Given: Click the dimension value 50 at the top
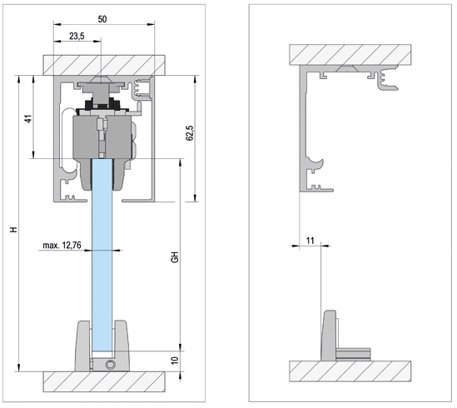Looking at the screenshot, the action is pyautogui.click(x=102, y=19).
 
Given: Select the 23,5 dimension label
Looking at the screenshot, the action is pyautogui.click(x=77, y=36).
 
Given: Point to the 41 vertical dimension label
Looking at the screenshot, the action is pyautogui.click(x=28, y=119).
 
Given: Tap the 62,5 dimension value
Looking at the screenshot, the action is pyautogui.click(x=190, y=133).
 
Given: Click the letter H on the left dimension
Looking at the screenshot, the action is pyautogui.click(x=13, y=230).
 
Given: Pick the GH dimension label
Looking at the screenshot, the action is pyautogui.click(x=175, y=257).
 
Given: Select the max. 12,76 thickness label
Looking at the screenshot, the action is pyautogui.click(x=62, y=246).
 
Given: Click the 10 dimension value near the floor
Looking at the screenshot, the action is pyautogui.click(x=174, y=361).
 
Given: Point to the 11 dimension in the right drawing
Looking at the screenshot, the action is pyautogui.click(x=310, y=241).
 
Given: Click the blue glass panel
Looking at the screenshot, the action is pyautogui.click(x=102, y=255).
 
